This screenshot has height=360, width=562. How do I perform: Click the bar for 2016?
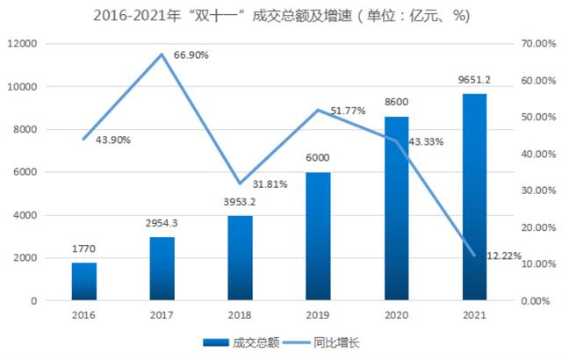click(x=84, y=281)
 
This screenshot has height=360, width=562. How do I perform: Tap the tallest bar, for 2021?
click(x=474, y=197)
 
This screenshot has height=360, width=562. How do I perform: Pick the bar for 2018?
click(x=240, y=257)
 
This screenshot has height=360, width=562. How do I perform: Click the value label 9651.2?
click(x=474, y=80)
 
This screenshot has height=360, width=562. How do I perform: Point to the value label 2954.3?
click(x=162, y=224)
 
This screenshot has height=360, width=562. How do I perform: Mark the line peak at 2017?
click(x=162, y=54)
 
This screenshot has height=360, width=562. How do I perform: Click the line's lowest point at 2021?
click(x=474, y=256)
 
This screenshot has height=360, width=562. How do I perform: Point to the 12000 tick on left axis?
click(x=21, y=44)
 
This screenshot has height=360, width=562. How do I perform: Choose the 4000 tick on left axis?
click(x=24, y=215)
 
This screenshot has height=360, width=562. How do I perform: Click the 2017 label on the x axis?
click(x=162, y=316)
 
